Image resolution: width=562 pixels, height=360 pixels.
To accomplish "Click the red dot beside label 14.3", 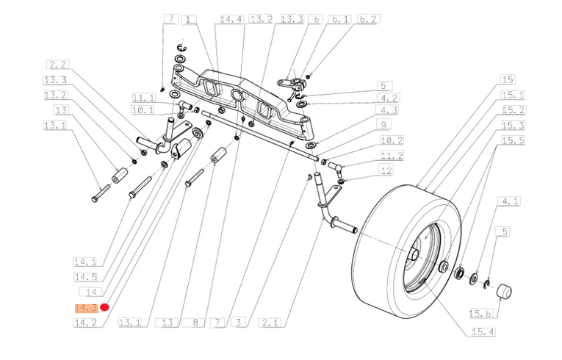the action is tap(104, 307).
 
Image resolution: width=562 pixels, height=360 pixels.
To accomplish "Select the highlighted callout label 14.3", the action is tap(87, 308).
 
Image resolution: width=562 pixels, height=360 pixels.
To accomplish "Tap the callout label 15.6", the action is tap(480, 313).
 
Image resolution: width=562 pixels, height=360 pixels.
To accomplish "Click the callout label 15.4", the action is tap(483, 332).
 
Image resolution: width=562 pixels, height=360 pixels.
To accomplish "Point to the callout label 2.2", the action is tap(58, 65).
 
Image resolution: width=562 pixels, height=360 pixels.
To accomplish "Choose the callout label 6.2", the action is tap(368, 19).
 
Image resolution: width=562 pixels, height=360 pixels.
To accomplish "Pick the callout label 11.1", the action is tap(144, 97).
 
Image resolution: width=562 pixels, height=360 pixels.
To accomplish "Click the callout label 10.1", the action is tap(143, 109).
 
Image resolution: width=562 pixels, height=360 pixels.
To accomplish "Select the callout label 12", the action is tap(386, 170).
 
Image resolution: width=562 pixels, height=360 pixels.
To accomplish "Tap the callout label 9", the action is tap(384, 124).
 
